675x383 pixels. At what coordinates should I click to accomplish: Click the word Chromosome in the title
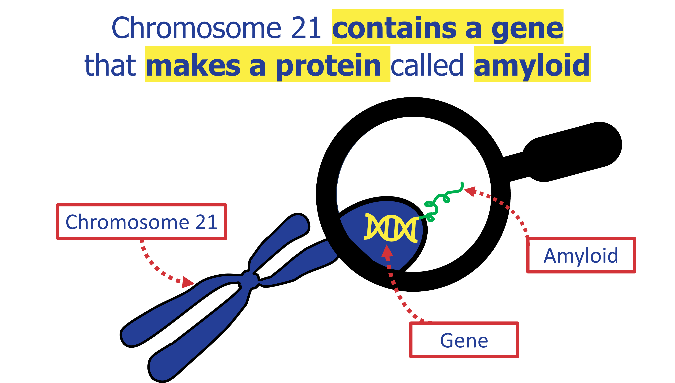click(x=197, y=27)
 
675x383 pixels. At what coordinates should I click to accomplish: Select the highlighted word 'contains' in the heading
click(x=394, y=27)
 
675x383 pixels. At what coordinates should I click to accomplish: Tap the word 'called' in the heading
click(x=427, y=64)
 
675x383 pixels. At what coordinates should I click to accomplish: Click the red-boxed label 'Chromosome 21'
click(x=142, y=222)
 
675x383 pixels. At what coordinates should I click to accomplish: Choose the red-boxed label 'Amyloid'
click(x=581, y=255)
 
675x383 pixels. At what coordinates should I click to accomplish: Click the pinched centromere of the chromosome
click(x=250, y=279)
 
